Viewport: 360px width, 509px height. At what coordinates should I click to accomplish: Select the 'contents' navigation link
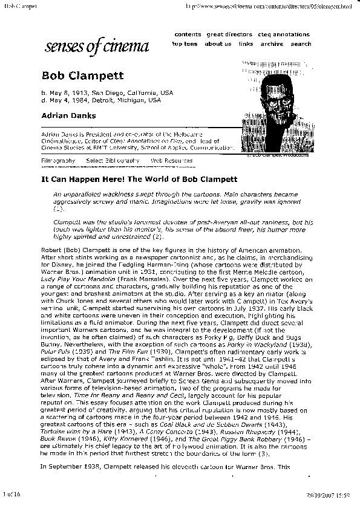point(188,35)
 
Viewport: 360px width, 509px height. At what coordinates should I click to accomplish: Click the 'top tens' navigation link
point(185,44)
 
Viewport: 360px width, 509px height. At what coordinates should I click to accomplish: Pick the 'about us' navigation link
point(218,44)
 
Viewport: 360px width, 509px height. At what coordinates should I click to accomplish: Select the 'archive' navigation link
point(272,44)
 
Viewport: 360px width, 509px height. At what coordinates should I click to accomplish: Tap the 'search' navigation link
point(301,44)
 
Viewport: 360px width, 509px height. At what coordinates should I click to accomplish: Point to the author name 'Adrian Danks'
point(68,115)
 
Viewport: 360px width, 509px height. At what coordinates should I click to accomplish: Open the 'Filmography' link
point(58,161)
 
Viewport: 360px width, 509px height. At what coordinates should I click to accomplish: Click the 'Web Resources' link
point(172,161)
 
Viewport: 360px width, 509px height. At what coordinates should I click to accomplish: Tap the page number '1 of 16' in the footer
point(12,494)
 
